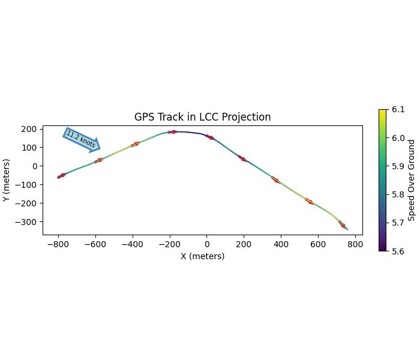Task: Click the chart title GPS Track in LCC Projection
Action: click(x=202, y=117)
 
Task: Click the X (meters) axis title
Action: click(x=203, y=256)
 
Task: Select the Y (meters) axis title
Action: click(x=7, y=180)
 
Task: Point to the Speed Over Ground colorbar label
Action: click(x=412, y=180)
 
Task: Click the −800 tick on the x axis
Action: click(x=58, y=245)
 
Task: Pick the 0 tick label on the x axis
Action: click(x=207, y=245)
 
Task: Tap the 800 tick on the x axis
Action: click(x=355, y=245)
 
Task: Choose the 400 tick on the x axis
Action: click(x=281, y=245)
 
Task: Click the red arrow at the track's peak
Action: click(x=173, y=132)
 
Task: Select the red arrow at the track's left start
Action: click(x=62, y=176)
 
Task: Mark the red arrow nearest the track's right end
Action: click(x=342, y=224)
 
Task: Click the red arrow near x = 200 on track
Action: click(x=242, y=159)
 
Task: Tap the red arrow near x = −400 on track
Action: click(x=135, y=144)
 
